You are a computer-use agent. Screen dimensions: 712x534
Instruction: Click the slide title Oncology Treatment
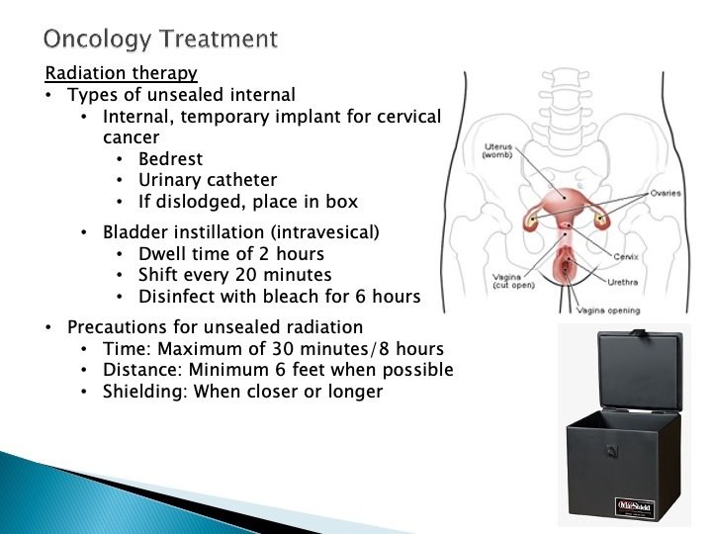pyautogui.click(x=160, y=39)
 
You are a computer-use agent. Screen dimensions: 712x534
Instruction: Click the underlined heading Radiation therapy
pyautogui.click(x=121, y=74)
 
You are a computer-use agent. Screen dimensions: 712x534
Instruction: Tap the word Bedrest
pyautogui.click(x=170, y=159)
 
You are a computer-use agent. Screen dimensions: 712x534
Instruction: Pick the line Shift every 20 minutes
pyautogui.click(x=235, y=275)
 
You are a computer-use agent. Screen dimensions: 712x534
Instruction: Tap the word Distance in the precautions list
pyautogui.click(x=139, y=370)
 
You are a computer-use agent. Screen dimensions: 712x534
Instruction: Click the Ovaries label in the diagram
pyautogui.click(x=666, y=193)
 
